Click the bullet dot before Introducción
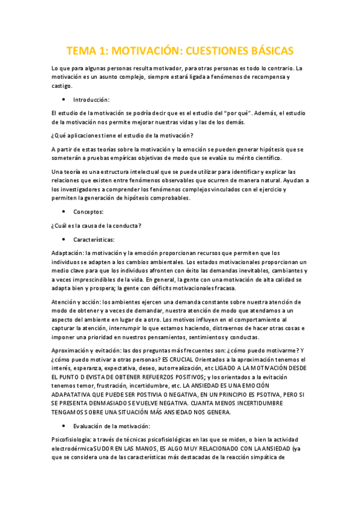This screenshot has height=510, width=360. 63,99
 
